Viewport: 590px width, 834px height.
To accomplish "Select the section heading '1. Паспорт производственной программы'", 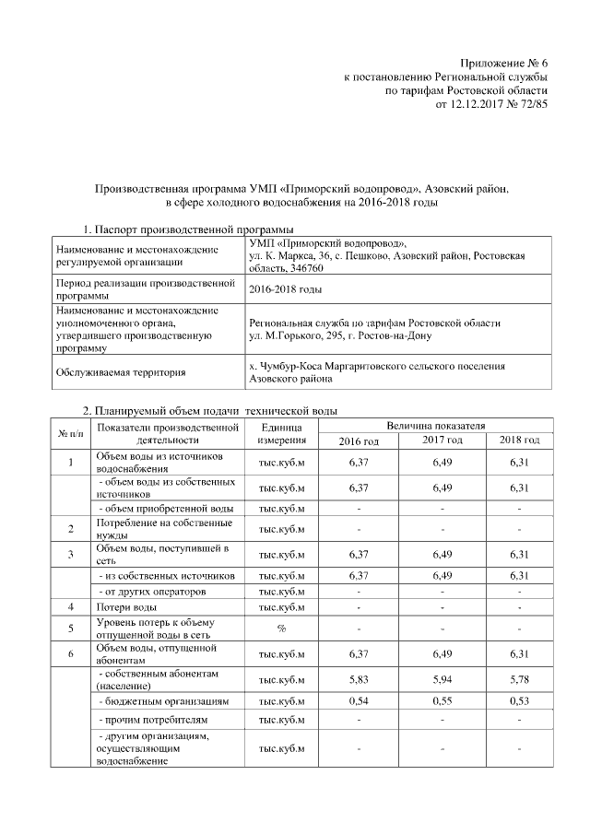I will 189,229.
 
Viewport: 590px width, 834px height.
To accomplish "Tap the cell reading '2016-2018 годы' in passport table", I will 286,289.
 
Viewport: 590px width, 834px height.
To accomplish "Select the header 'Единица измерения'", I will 281,433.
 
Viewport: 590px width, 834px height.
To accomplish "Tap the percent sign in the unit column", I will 281,628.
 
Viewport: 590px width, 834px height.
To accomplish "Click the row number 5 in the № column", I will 71,628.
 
